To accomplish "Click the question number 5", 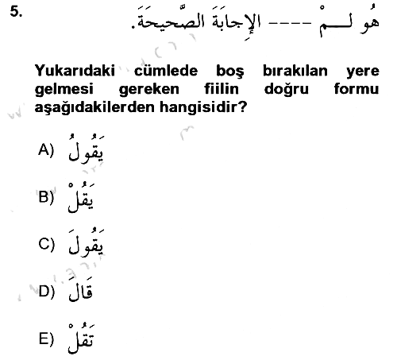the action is point(16,12).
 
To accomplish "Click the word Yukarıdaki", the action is point(75,71).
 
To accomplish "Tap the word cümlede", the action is point(166,71).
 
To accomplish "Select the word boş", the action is point(230,72).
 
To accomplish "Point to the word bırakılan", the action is point(295,71).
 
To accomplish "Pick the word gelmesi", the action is point(64,90).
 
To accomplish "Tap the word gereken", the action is point(149,90).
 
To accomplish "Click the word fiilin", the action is point(222,88).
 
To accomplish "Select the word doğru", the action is point(287,90).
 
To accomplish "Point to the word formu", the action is point(357,88).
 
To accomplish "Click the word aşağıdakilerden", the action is point(94,107).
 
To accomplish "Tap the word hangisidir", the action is point(199,107).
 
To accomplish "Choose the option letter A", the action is point(44,149).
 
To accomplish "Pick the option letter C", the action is point(44,244).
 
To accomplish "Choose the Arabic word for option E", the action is point(81,339).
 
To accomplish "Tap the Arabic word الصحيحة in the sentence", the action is point(172,21).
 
